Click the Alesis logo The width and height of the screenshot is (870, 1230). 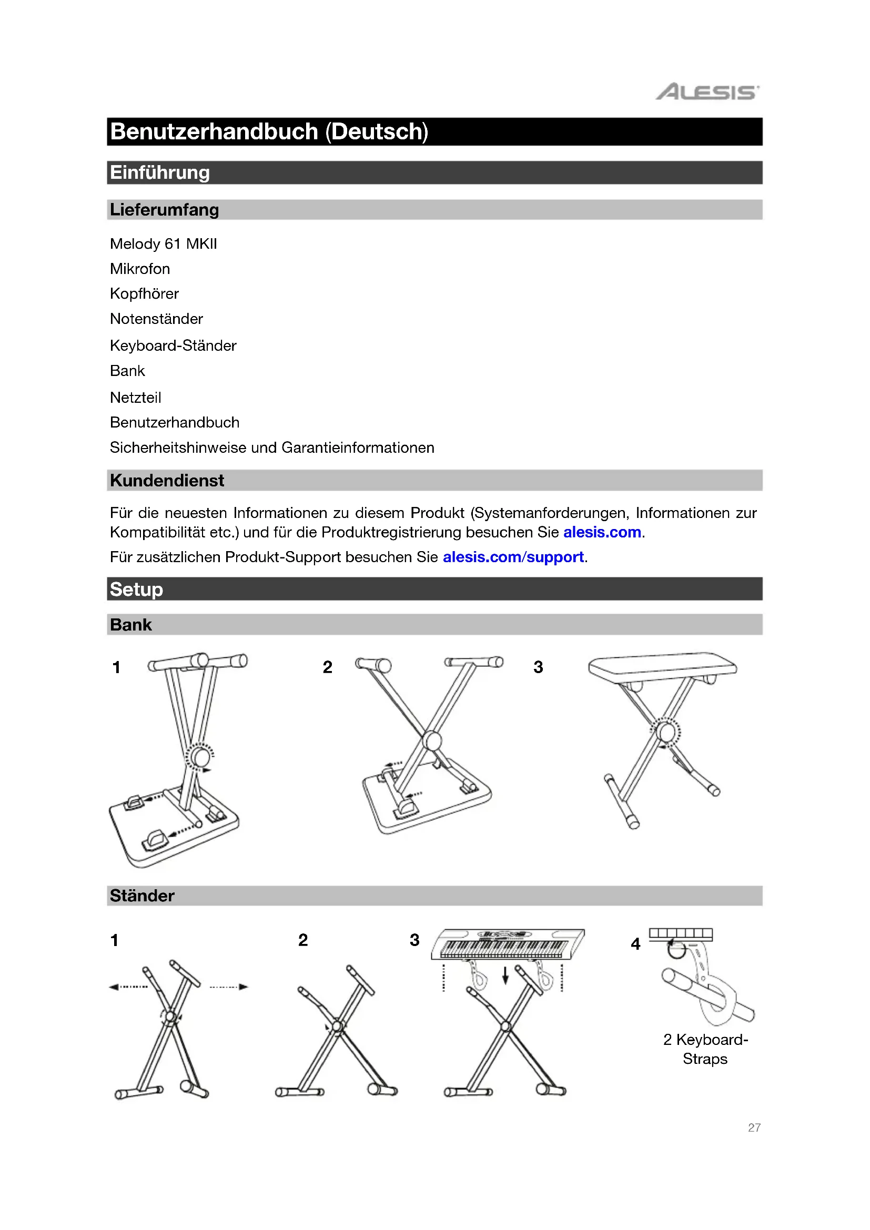click(x=707, y=92)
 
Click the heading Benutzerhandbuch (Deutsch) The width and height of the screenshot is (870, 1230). click(x=269, y=132)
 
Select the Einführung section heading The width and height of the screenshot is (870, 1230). click(x=160, y=172)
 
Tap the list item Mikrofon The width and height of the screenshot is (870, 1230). click(x=140, y=269)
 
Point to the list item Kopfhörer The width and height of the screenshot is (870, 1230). click(x=144, y=293)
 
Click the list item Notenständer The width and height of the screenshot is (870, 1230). click(x=156, y=319)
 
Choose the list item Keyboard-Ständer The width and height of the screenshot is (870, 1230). click(x=173, y=345)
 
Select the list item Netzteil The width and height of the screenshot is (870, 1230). click(x=136, y=398)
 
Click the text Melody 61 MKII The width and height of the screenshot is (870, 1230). click(x=164, y=244)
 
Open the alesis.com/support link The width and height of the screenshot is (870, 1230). click(x=513, y=557)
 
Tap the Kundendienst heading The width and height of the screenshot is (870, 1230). click(x=167, y=481)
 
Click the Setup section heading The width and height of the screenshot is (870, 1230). click(x=136, y=589)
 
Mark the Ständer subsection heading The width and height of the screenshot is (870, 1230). click(x=142, y=896)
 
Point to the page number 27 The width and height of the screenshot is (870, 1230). click(x=754, y=1127)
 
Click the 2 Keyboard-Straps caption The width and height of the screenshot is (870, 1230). click(x=705, y=1049)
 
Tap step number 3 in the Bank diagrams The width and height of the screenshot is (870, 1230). click(x=538, y=667)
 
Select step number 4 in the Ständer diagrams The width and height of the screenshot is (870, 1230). click(x=635, y=944)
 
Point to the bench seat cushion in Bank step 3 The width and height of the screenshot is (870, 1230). click(x=662, y=667)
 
